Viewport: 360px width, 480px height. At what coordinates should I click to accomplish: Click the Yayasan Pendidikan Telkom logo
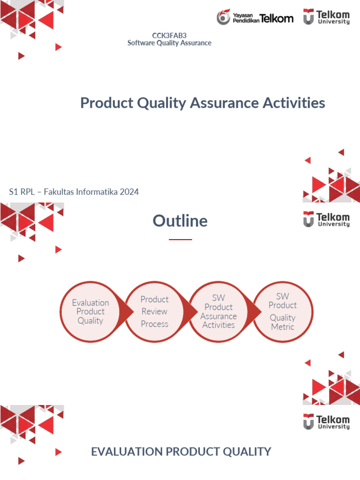255,18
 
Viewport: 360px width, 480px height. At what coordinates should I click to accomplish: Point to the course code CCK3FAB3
169,36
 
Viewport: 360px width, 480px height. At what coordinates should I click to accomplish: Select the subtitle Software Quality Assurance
169,43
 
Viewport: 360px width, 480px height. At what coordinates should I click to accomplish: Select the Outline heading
180,221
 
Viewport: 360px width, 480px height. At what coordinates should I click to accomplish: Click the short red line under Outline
180,239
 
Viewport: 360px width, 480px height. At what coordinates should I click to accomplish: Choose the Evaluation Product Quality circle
90,312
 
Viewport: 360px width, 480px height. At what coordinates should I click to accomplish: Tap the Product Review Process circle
155,312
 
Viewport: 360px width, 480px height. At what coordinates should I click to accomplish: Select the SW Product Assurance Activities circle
218,312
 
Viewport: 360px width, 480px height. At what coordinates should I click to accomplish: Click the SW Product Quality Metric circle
282,312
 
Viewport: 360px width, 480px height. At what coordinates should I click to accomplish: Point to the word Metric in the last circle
282,327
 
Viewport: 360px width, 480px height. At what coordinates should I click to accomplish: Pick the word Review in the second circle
155,312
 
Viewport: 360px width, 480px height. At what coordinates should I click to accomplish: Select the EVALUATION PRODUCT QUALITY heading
181,452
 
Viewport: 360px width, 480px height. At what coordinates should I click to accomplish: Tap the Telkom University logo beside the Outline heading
326,219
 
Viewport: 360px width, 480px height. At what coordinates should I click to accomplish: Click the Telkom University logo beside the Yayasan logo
326,16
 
